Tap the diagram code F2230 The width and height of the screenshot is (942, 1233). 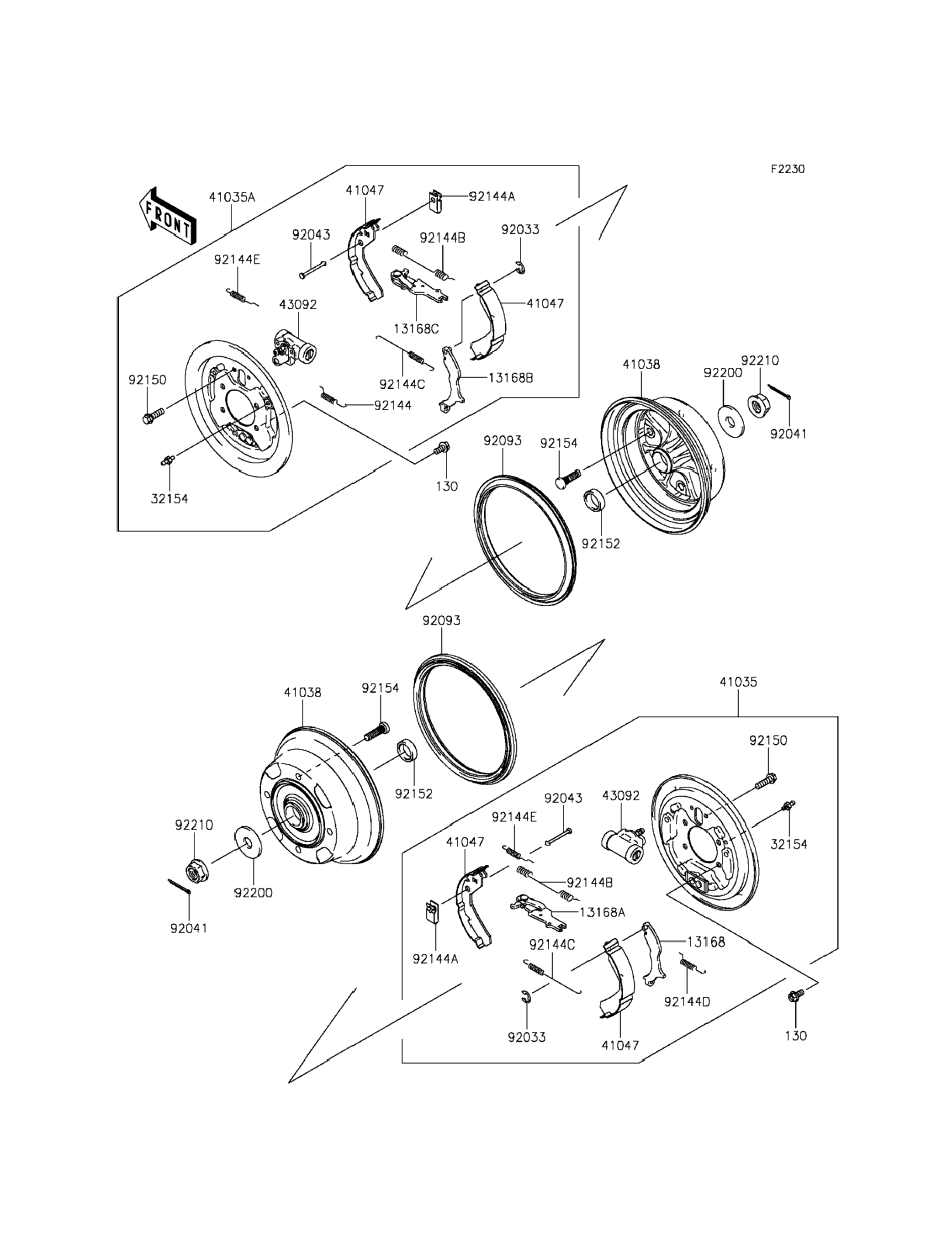787,169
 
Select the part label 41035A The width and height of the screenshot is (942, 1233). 232,197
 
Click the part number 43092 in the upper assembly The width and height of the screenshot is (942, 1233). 298,304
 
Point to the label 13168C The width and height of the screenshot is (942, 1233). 416,328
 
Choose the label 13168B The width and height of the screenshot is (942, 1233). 510,378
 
